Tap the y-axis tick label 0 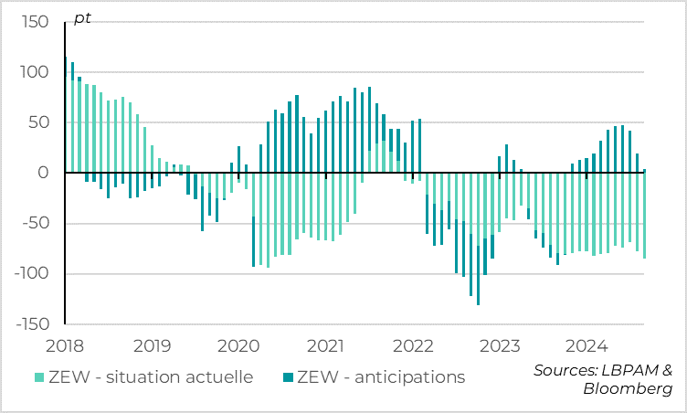(x=41, y=173)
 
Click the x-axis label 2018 (x=65, y=346)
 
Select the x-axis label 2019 (x=152, y=346)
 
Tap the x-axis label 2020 (x=238, y=346)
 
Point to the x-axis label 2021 (x=326, y=346)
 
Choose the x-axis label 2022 (x=413, y=346)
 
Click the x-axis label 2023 (x=500, y=346)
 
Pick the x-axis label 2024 (x=587, y=346)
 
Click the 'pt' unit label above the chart (x=82, y=16)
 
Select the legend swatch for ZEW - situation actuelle (x=38, y=377)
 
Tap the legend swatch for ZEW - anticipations (x=288, y=377)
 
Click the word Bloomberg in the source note (x=628, y=389)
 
